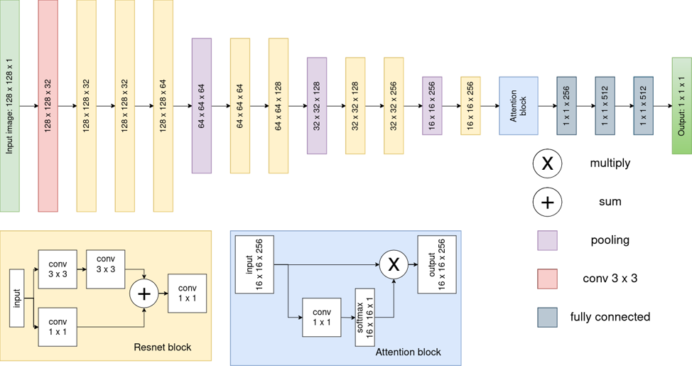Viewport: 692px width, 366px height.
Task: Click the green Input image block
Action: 10,106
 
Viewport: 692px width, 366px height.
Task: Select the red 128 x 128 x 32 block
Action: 48,106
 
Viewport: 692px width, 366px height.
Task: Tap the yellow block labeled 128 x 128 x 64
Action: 163,106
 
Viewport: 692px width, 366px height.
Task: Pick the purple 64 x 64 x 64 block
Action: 202,106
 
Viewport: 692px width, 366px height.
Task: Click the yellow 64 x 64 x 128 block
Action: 279,106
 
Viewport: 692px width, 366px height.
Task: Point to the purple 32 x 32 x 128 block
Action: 317,106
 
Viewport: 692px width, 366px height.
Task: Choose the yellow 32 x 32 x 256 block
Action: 394,106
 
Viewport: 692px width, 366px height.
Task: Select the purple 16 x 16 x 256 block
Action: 432,106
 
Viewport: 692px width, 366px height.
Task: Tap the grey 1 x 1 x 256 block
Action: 567,106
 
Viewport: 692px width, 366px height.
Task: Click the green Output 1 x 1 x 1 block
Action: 682,106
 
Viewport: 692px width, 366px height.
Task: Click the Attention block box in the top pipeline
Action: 519,106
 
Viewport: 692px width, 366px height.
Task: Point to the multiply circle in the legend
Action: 547,163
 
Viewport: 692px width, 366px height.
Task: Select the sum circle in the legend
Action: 547,203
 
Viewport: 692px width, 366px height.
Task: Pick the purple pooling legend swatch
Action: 547,241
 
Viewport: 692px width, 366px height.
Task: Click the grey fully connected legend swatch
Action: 547,318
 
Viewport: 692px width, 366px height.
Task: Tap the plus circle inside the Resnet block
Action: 144,294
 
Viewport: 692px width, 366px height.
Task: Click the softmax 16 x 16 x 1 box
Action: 365,318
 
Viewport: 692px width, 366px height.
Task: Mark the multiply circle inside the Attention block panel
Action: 394,264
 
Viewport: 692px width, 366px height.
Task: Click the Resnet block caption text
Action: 163,347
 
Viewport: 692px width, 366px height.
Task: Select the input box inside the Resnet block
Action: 17,298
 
